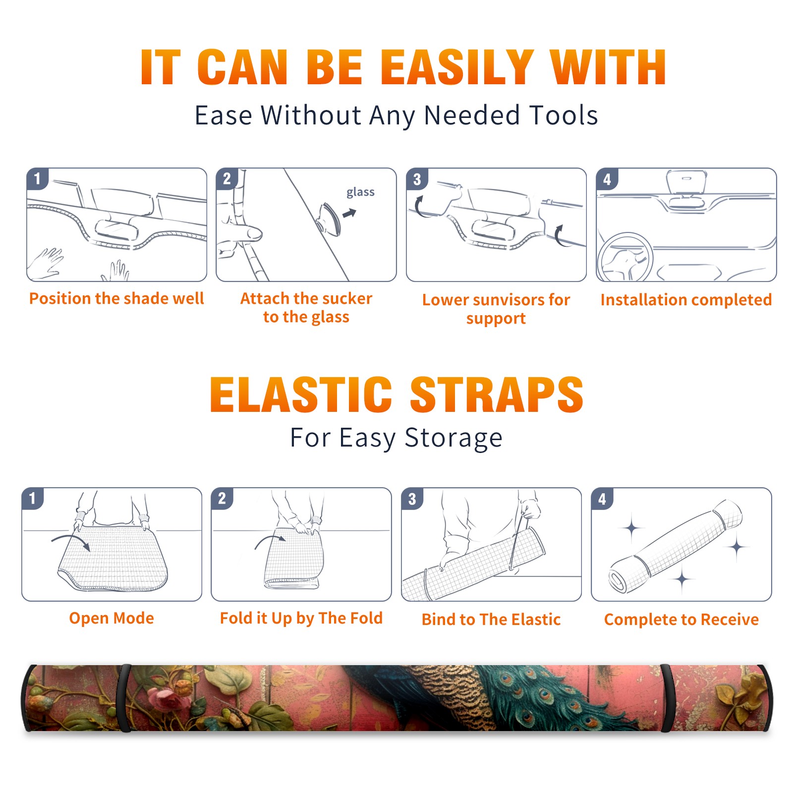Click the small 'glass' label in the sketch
point(360,192)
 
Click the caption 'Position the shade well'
point(116,298)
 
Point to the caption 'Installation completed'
point(686,299)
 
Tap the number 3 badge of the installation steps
point(417,179)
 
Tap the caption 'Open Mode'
point(112,618)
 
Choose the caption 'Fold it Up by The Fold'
point(301,619)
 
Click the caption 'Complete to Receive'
point(681,620)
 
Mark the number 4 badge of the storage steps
point(602,499)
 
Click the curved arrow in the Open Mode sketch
point(71,538)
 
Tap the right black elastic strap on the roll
point(667,698)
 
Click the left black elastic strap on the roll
point(123,698)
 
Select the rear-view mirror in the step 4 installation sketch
point(686,182)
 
